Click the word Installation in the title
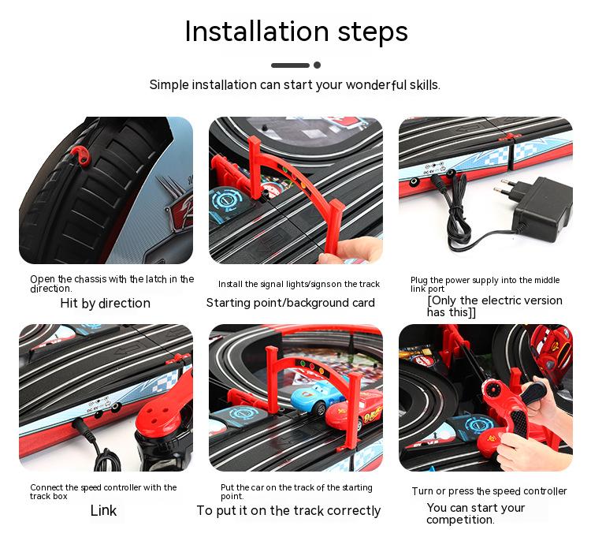[x=257, y=31]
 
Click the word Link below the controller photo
[x=103, y=510]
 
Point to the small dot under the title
[x=318, y=65]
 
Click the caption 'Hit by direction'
[x=105, y=303]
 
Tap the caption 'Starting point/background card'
[x=290, y=303]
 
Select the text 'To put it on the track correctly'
[x=288, y=511]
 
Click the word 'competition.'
[x=460, y=520]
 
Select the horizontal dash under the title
[x=290, y=65]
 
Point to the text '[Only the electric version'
[x=495, y=300]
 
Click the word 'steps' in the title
[x=373, y=32]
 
